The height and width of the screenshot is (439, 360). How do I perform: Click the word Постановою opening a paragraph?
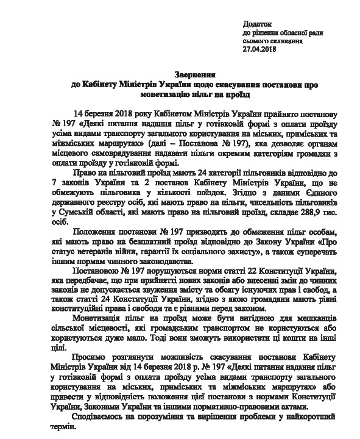pyautogui.click(x=98, y=271)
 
